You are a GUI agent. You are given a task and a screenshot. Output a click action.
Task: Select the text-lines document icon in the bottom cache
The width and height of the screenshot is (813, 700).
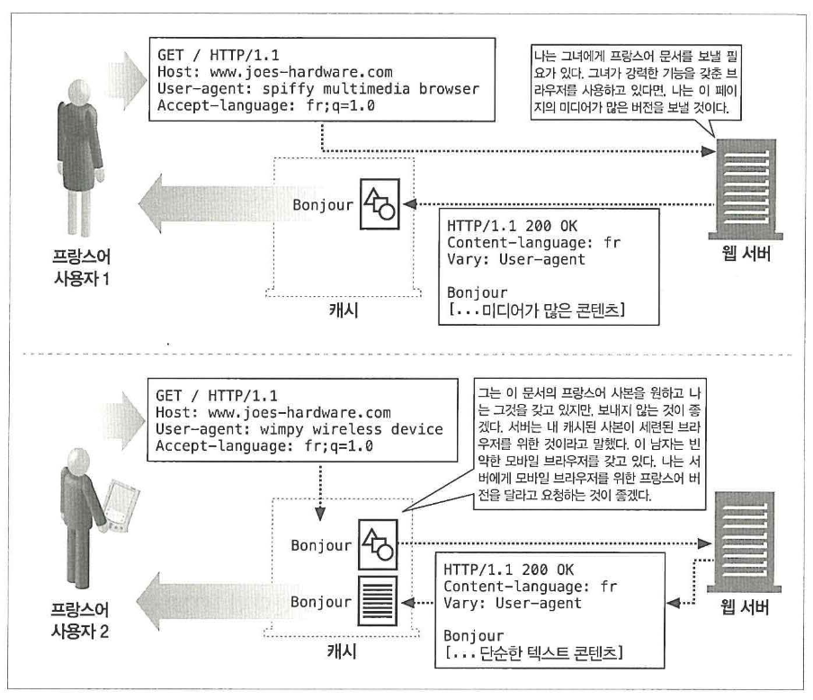[378, 600]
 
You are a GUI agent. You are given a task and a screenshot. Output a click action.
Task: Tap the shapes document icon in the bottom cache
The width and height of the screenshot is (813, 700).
[378, 544]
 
